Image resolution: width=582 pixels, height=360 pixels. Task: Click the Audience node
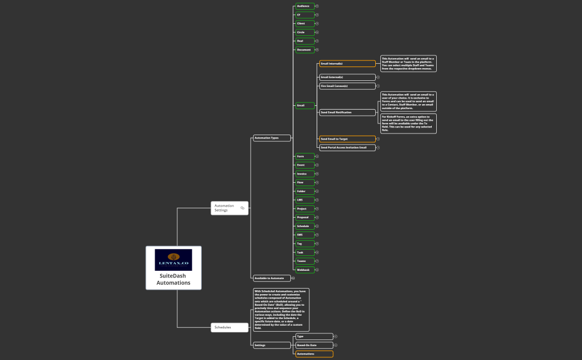click(305, 6)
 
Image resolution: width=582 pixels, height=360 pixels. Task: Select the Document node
click(305, 50)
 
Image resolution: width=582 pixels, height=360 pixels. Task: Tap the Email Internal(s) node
click(347, 64)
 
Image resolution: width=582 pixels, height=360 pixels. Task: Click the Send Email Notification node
click(347, 112)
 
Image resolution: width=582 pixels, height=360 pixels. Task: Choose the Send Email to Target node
click(347, 139)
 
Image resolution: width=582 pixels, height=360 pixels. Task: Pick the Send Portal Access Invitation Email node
click(347, 148)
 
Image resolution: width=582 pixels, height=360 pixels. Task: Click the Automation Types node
click(272, 138)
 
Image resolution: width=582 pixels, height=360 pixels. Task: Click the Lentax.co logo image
click(173, 260)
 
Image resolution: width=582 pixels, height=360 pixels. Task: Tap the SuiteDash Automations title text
click(173, 279)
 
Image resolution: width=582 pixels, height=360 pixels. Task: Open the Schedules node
click(229, 327)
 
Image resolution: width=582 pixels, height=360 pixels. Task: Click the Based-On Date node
click(314, 345)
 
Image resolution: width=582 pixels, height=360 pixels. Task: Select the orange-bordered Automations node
click(314, 354)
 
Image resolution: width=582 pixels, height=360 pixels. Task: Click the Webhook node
click(305, 270)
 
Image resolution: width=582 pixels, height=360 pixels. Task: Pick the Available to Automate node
click(272, 278)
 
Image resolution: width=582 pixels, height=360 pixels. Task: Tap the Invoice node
click(305, 174)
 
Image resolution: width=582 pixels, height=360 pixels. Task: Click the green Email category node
click(305, 105)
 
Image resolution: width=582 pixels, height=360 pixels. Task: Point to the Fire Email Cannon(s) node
click(347, 86)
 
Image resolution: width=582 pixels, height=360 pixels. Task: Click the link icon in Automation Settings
click(242, 208)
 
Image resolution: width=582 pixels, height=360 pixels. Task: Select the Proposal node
click(305, 218)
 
